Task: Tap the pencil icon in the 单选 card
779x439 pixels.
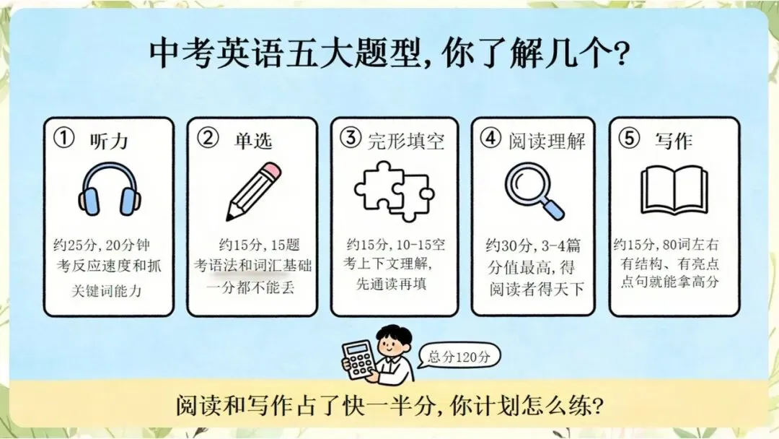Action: click(x=253, y=191)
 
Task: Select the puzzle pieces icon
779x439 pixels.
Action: click(x=394, y=191)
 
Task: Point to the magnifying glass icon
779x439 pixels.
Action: click(x=534, y=191)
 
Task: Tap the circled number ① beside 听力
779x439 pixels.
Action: click(x=64, y=138)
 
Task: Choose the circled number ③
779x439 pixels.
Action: click(x=351, y=137)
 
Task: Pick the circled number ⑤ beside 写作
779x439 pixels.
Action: click(x=630, y=138)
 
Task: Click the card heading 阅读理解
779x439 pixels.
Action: click(x=547, y=142)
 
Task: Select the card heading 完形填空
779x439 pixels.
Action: click(x=406, y=142)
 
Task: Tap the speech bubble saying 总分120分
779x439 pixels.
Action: click(x=459, y=356)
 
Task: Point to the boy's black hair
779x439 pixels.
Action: click(x=395, y=334)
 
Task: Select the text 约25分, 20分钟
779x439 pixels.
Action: click(x=102, y=245)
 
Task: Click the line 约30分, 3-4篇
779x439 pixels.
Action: click(x=533, y=245)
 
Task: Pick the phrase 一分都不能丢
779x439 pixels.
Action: click(x=250, y=287)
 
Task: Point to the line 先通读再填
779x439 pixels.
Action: click(x=391, y=283)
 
